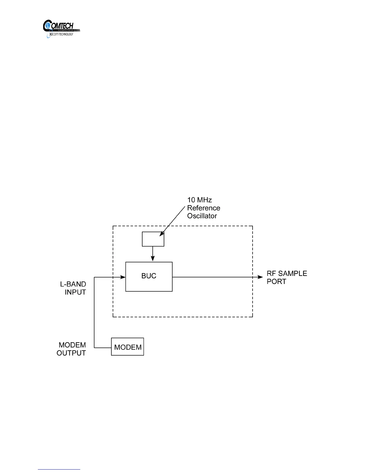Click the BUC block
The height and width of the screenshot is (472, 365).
tap(149, 276)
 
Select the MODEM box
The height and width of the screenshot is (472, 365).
tap(128, 347)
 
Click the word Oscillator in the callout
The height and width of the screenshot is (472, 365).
tap(202, 216)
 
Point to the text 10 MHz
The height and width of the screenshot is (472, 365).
tap(199, 200)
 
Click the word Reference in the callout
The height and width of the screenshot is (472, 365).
tap(204, 208)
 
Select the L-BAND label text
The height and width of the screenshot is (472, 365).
tap(73, 284)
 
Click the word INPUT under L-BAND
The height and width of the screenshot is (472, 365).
tap(75, 292)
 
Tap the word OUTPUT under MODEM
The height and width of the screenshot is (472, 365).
tap(71, 353)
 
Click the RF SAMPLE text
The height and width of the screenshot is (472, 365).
tap(287, 274)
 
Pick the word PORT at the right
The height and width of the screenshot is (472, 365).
tap(276, 282)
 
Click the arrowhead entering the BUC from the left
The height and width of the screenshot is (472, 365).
tap(123, 277)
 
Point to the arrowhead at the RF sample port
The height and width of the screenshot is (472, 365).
tap(260, 277)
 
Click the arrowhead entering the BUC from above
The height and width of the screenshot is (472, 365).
tap(153, 259)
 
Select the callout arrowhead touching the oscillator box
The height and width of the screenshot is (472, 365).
tap(162, 234)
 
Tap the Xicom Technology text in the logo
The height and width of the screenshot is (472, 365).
tap(61, 34)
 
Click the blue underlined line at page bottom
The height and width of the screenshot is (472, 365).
tap(59, 470)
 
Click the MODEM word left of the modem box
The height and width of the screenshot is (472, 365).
tap(72, 345)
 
